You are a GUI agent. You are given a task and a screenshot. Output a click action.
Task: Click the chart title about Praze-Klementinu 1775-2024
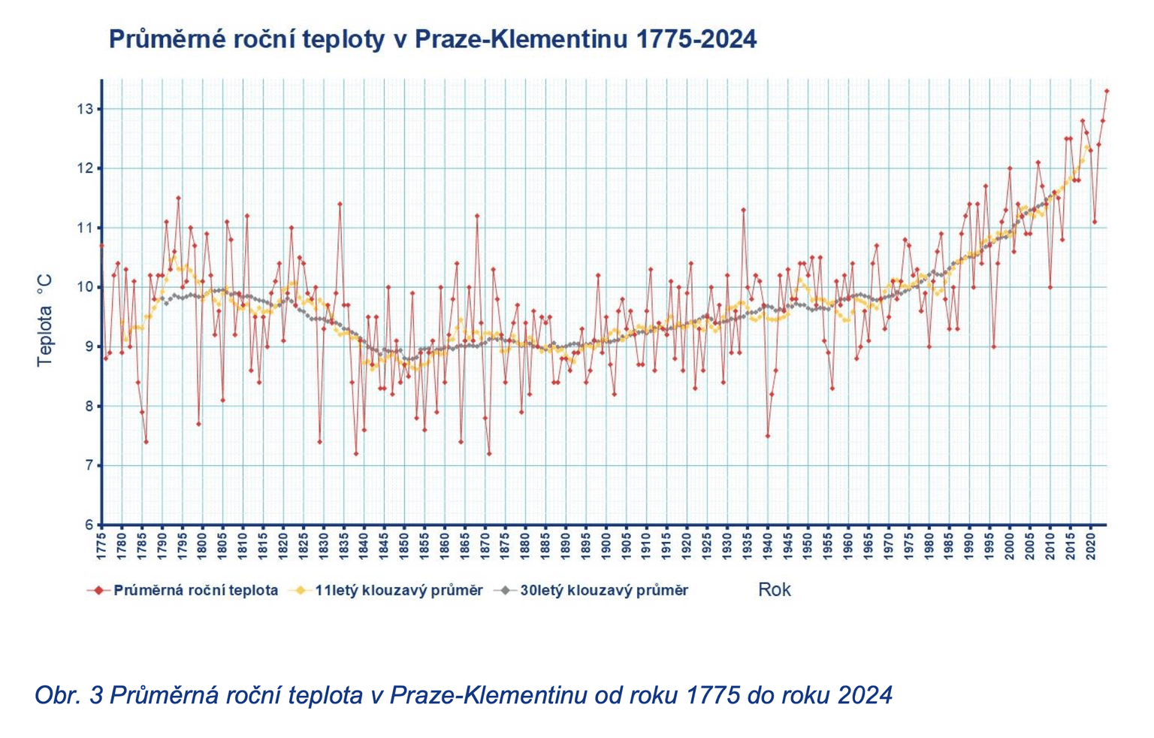[432, 39]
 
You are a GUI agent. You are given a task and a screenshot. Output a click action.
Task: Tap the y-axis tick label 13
[84, 109]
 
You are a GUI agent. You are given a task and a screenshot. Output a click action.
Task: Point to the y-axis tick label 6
[89, 525]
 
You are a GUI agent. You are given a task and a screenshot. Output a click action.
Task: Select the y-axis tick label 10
[84, 287]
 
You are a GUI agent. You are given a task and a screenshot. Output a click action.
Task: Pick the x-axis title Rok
[774, 589]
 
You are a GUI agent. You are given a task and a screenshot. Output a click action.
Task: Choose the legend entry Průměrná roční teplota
[195, 591]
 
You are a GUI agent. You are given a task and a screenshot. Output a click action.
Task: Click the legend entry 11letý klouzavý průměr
[398, 591]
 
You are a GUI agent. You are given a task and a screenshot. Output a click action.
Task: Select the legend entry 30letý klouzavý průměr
[603, 591]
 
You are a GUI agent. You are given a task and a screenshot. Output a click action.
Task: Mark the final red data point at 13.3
[1107, 91]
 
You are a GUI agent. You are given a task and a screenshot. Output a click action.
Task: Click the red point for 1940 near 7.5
[767, 436]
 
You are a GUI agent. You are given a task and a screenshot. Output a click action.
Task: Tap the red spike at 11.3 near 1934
[743, 210]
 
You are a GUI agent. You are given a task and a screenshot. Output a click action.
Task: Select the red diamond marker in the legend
[98, 591]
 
